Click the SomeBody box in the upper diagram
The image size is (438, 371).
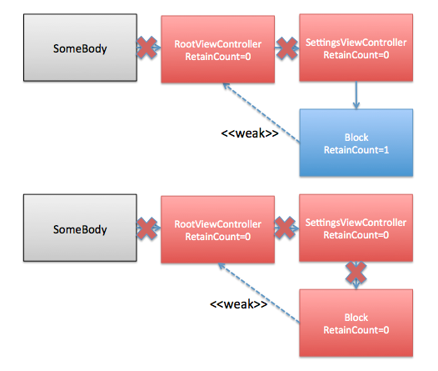[x=80, y=48]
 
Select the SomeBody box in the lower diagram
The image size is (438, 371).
[x=80, y=228]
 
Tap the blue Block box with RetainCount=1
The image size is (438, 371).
[x=356, y=143]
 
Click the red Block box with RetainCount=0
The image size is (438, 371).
[x=356, y=323]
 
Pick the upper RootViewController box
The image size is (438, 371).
[x=218, y=49]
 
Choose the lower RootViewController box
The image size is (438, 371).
[x=218, y=229]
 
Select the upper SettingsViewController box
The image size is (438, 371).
[x=356, y=48]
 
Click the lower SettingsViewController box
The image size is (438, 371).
[x=356, y=228]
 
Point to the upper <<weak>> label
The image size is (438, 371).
[x=250, y=133]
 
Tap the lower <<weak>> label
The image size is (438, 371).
[x=238, y=304]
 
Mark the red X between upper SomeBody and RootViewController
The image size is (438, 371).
[x=147, y=48]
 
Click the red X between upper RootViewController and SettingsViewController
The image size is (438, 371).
[x=287, y=48]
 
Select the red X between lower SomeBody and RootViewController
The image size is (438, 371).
[x=147, y=228]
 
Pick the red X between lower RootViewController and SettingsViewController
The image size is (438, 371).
[x=285, y=228]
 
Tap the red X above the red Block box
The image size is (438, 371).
[x=356, y=272]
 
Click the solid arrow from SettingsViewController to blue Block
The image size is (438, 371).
[x=356, y=95]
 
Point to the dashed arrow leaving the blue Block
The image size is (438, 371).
[x=261, y=113]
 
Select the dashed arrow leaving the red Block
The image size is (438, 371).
[x=259, y=293]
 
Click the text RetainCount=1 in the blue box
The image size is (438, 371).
[x=356, y=150]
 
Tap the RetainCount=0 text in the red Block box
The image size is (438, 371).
[x=356, y=330]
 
